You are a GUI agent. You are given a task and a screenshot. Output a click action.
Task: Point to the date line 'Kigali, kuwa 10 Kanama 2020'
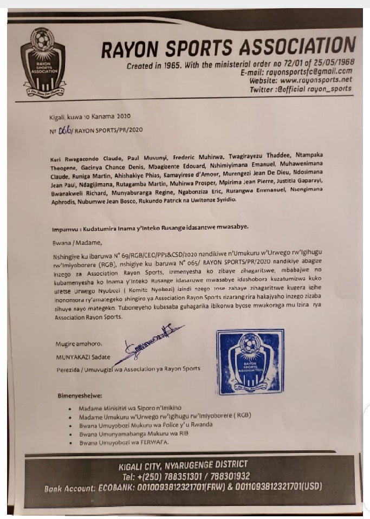88,116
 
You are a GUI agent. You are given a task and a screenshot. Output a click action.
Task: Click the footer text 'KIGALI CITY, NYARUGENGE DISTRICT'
183,464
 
